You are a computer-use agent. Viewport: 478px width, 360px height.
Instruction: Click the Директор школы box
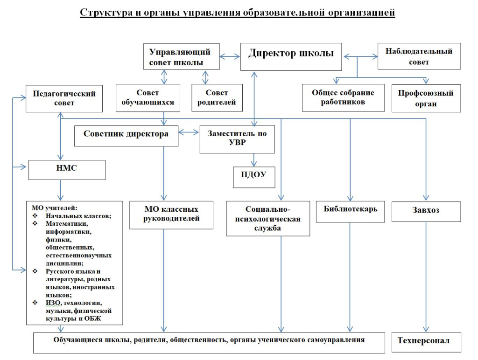pyautogui.click(x=291, y=56)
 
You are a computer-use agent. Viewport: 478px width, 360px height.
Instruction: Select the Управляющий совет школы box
pyautogui.click(x=182, y=56)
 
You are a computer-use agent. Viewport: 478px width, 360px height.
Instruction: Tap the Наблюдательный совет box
pyautogui.click(x=419, y=56)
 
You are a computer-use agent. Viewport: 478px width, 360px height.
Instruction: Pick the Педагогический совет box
pyautogui.click(x=64, y=99)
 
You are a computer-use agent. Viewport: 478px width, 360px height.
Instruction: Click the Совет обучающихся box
pyautogui.click(x=148, y=98)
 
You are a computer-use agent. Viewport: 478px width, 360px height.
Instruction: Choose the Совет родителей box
pyautogui.click(x=217, y=98)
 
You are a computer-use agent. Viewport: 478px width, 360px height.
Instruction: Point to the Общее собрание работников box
pyautogui.click(x=343, y=98)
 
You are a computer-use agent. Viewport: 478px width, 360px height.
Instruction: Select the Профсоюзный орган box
pyautogui.click(x=426, y=98)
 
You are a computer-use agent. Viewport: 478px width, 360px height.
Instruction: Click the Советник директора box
pyautogui.click(x=126, y=136)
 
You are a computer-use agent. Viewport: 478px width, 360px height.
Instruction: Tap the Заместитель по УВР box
pyautogui.click(x=237, y=139)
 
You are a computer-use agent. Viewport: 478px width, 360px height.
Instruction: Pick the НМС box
pyautogui.click(x=67, y=170)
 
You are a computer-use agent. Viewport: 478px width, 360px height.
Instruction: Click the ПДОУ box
pyautogui.click(x=254, y=177)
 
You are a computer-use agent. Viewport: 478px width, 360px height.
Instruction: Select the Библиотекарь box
pyautogui.click(x=350, y=212)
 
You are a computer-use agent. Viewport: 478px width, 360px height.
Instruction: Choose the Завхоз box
pyautogui.click(x=426, y=212)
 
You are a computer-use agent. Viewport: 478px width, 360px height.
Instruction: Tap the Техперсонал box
pyautogui.click(x=426, y=342)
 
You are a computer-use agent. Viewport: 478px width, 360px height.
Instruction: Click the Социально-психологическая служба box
pyautogui.click(x=268, y=218)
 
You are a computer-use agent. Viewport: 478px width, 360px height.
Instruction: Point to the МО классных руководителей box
pyautogui.click(x=171, y=215)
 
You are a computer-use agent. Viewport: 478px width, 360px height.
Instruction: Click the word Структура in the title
pyautogui.click(x=102, y=13)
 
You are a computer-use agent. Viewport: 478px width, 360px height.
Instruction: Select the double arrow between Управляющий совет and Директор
pyautogui.click(x=230, y=56)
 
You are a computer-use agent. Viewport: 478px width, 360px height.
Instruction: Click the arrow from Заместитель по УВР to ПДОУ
pyautogui.click(x=254, y=160)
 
